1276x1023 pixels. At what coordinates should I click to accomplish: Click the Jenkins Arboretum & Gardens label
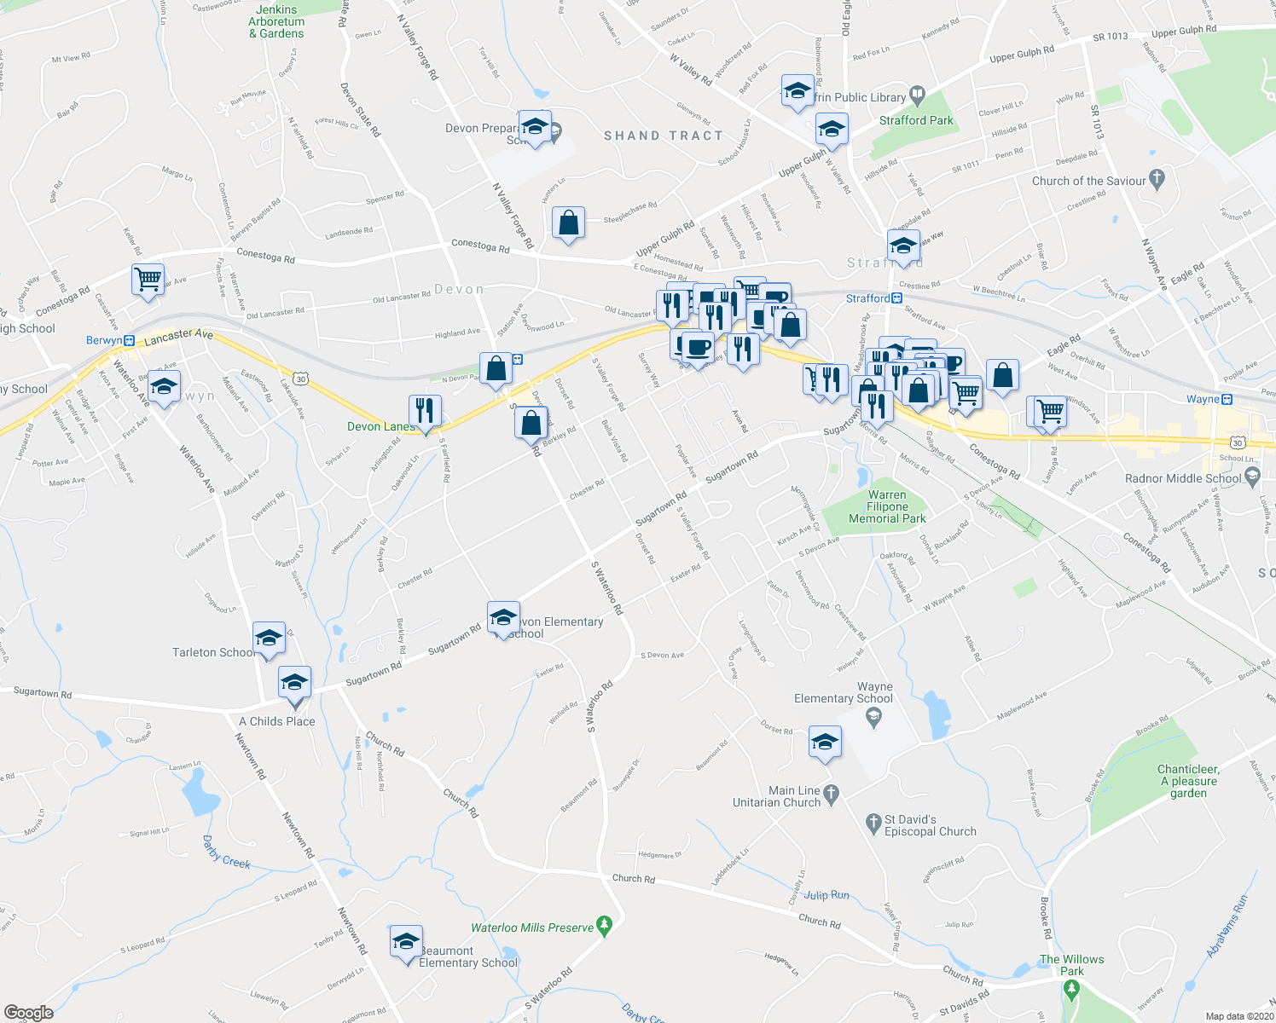[x=276, y=22]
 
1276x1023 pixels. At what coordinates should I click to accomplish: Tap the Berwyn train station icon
[x=129, y=341]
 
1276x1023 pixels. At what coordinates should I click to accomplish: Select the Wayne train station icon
[x=1227, y=399]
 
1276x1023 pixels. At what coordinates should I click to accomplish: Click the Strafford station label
[x=867, y=298]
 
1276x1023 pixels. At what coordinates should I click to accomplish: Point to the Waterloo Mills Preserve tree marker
[x=605, y=924]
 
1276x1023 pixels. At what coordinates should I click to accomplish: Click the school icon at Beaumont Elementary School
[x=406, y=941]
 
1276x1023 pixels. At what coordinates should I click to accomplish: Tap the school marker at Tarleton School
[x=268, y=638]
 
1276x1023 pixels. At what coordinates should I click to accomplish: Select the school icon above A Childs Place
[x=294, y=683]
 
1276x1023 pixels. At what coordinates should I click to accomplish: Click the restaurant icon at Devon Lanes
[x=424, y=411]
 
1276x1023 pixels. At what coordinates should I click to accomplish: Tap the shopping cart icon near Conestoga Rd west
[x=148, y=279]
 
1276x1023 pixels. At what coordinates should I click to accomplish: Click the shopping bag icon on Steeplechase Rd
[x=568, y=223]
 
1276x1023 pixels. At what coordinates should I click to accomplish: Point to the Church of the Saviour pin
[x=1157, y=179]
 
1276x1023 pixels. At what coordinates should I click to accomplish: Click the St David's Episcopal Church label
[x=930, y=825]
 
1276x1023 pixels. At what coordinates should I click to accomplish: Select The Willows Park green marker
[x=1071, y=990]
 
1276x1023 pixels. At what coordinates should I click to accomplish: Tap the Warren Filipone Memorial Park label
[x=887, y=506]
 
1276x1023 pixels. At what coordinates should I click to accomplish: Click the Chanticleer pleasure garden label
[x=1188, y=781]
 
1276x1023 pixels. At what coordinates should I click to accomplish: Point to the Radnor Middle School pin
[x=1252, y=478]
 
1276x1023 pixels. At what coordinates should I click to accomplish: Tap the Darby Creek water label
[x=226, y=852]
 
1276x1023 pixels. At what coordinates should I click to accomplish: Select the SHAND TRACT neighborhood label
[x=663, y=136]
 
